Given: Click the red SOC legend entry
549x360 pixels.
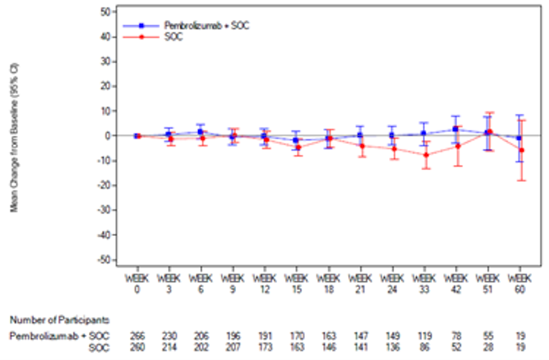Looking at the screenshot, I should pos(173,37).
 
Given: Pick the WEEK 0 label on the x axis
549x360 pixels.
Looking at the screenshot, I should pos(136,282).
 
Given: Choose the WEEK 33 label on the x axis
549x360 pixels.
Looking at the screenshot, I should pos(424,282).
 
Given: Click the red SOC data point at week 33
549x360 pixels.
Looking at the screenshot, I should pos(425,155).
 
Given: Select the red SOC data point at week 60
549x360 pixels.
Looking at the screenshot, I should pos(521,150).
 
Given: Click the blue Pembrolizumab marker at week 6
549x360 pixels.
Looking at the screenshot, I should pos(200,132).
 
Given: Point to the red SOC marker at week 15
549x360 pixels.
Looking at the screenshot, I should pos(296,148).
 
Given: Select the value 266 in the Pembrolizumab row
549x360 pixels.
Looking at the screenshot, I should pos(136,336).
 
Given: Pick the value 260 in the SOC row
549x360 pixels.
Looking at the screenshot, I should pos(136,346).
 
